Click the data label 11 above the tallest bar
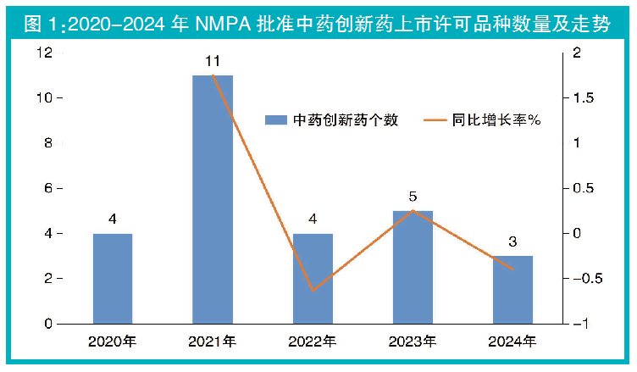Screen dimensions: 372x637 pos(213,62)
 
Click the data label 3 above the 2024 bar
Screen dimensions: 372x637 pos(513,242)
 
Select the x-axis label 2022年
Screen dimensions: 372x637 pos(313,342)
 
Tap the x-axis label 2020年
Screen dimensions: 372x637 pos(113,342)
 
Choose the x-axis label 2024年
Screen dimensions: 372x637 pos(513,342)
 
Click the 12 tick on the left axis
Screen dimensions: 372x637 pos(44,53)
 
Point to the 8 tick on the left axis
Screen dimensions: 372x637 pos(47,143)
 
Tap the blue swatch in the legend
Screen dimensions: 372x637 pos(276,119)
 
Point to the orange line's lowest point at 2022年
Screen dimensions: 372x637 pos(313,291)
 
